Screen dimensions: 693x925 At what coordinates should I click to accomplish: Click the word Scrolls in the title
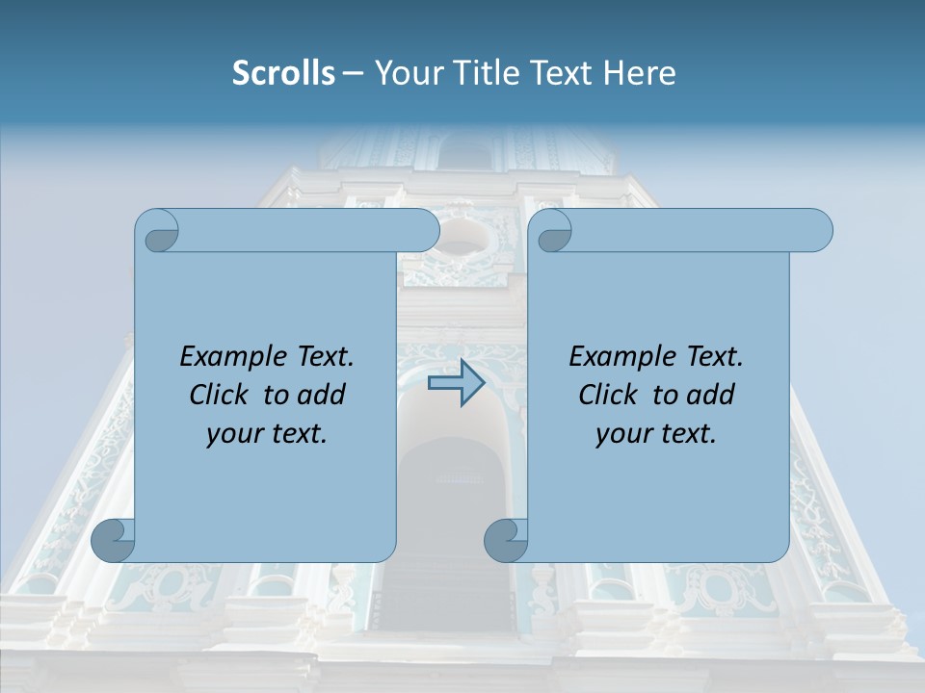point(284,73)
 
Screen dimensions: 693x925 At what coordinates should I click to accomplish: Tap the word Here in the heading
point(640,73)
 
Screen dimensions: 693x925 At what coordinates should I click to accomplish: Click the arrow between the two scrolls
point(456,382)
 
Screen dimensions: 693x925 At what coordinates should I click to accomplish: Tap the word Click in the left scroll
point(218,395)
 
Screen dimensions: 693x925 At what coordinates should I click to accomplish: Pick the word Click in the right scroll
point(607,395)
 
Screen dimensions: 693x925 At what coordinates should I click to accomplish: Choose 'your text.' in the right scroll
point(656,434)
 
